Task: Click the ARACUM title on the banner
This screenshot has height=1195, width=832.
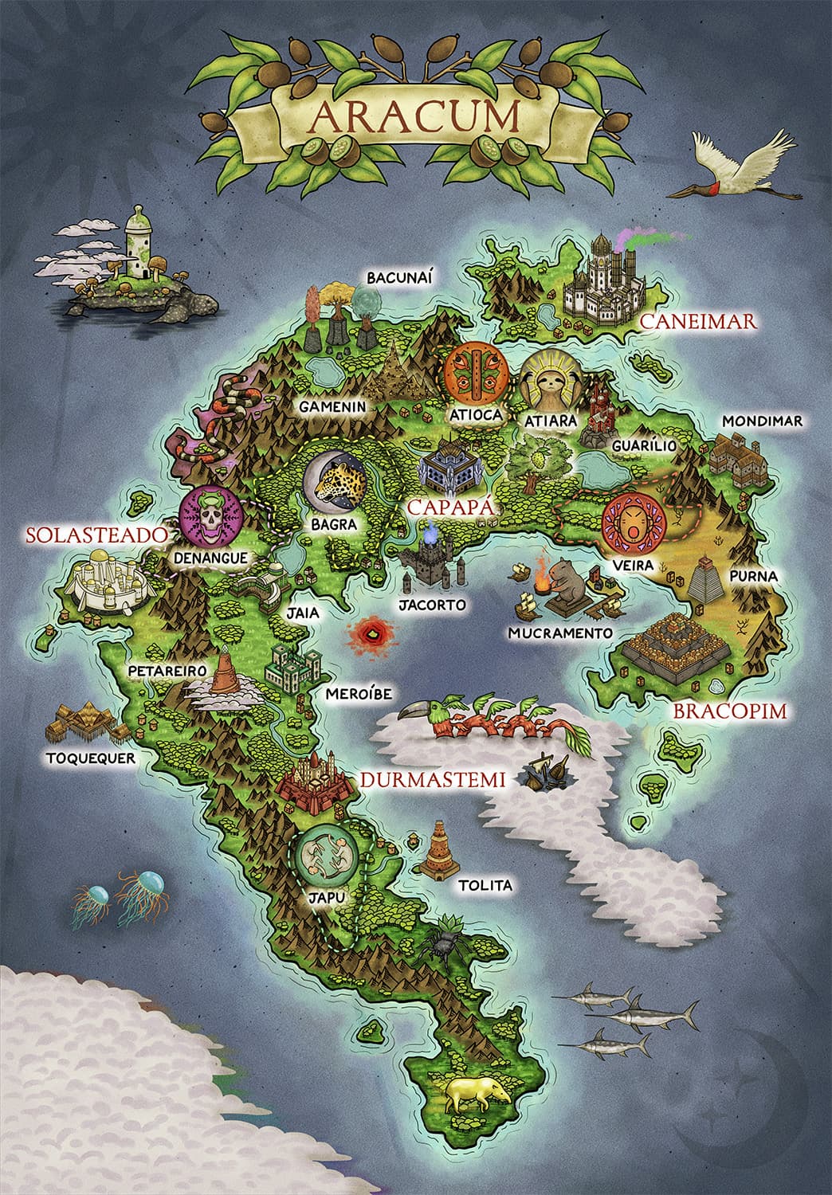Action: [x=414, y=115]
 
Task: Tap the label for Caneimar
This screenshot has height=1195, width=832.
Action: [x=697, y=321]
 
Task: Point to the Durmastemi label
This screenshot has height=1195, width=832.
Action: [x=433, y=780]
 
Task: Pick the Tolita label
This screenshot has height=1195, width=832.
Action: [x=485, y=885]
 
